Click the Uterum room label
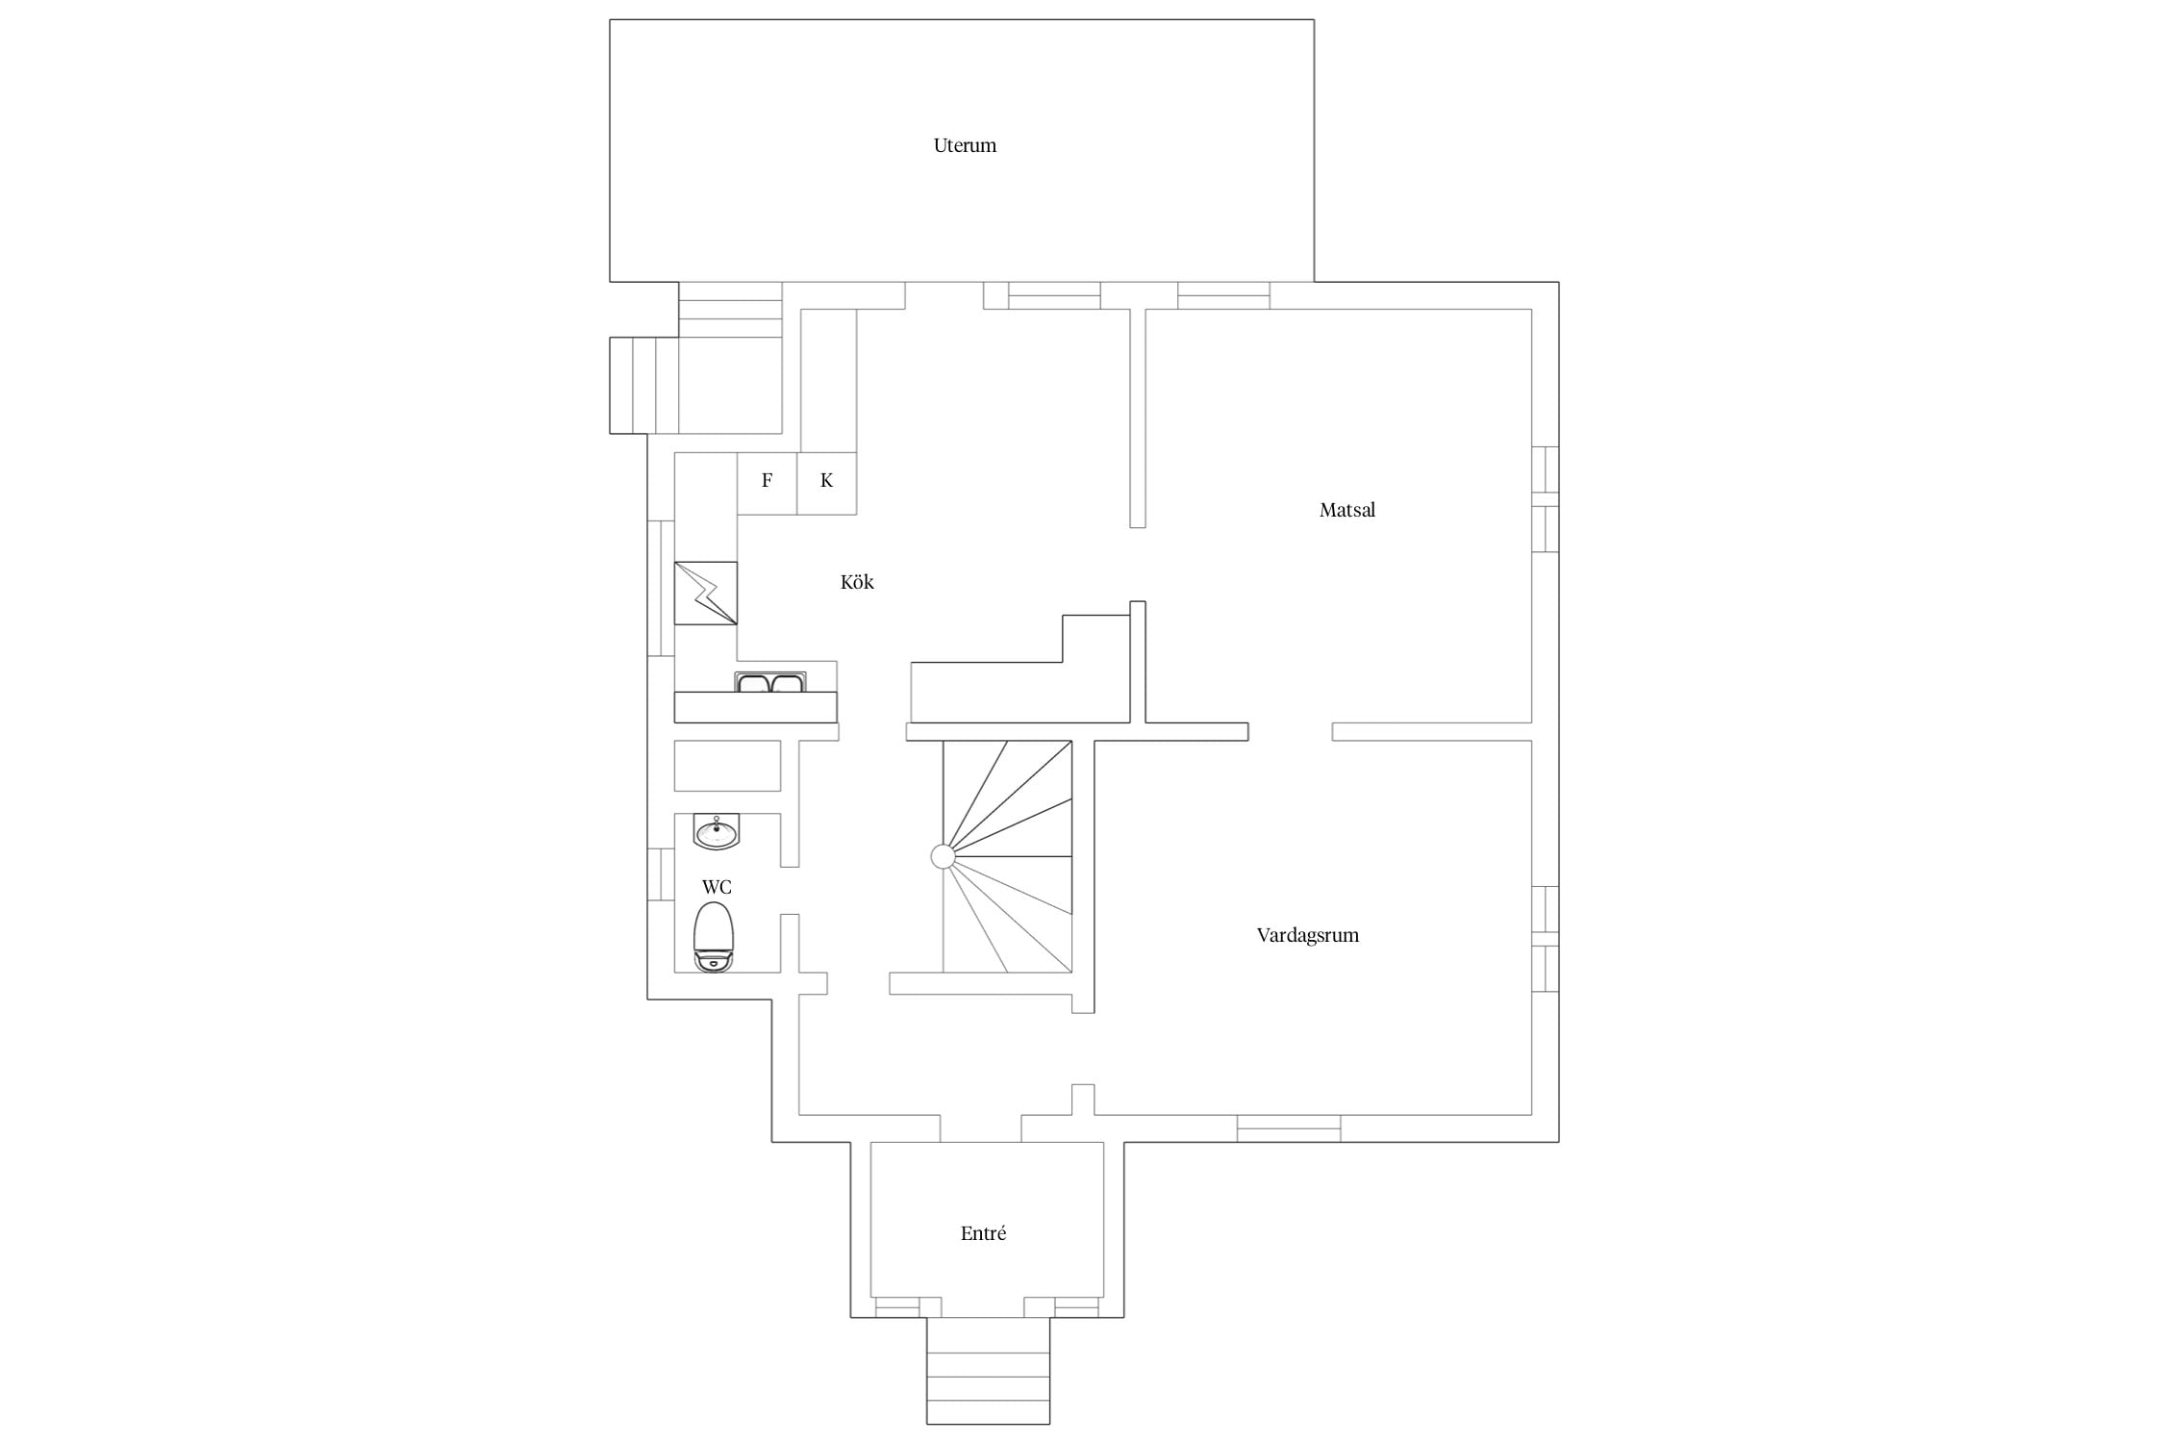(x=965, y=145)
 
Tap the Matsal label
(x=1346, y=510)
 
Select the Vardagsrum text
(x=1307, y=935)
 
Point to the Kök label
(x=857, y=582)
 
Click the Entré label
(x=983, y=1233)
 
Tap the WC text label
(x=717, y=887)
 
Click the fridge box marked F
(x=767, y=483)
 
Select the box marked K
(x=827, y=483)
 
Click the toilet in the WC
(x=715, y=936)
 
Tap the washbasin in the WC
(x=717, y=832)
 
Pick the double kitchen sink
(x=770, y=682)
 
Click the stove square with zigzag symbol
(x=706, y=594)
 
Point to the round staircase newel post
(x=943, y=856)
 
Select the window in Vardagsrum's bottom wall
(x=1289, y=1127)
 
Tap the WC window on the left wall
(x=661, y=874)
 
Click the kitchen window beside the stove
(x=661, y=588)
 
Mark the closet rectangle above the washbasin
(x=727, y=766)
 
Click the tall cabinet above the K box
(x=828, y=380)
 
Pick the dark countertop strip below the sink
(x=755, y=707)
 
